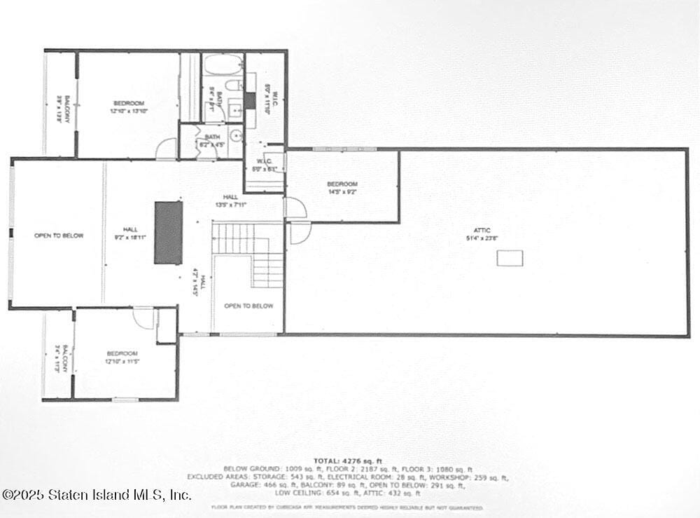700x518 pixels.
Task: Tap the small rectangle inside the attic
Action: (510, 259)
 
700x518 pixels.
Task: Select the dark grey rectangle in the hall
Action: (168, 232)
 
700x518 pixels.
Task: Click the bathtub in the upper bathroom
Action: (223, 68)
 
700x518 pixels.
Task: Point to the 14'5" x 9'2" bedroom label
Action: (342, 188)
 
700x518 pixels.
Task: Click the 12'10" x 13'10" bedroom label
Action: (128, 107)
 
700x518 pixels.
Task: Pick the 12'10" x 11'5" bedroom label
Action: (122, 357)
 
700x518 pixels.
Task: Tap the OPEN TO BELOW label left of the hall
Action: (59, 236)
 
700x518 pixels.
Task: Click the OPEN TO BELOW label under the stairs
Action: (248, 306)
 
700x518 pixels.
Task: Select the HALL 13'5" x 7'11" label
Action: (230, 201)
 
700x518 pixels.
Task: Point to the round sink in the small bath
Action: (237, 135)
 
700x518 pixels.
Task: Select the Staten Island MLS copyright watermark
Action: (97, 494)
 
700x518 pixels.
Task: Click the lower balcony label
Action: (61, 358)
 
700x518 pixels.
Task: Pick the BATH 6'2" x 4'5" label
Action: (212, 141)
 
